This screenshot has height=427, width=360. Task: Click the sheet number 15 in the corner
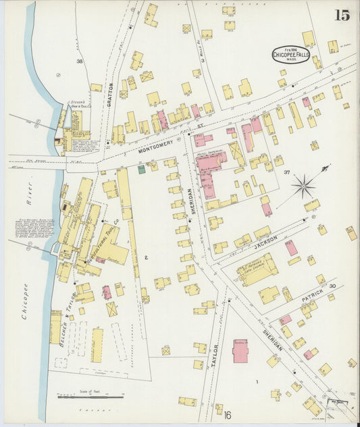(x=342, y=16)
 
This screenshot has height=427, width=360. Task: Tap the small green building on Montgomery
(x=141, y=169)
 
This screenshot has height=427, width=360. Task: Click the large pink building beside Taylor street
(x=240, y=351)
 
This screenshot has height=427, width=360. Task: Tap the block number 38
(x=79, y=61)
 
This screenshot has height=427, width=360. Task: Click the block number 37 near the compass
(x=286, y=173)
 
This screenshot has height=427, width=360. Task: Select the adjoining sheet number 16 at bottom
(x=228, y=415)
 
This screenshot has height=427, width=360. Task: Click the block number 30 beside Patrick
(x=332, y=286)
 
